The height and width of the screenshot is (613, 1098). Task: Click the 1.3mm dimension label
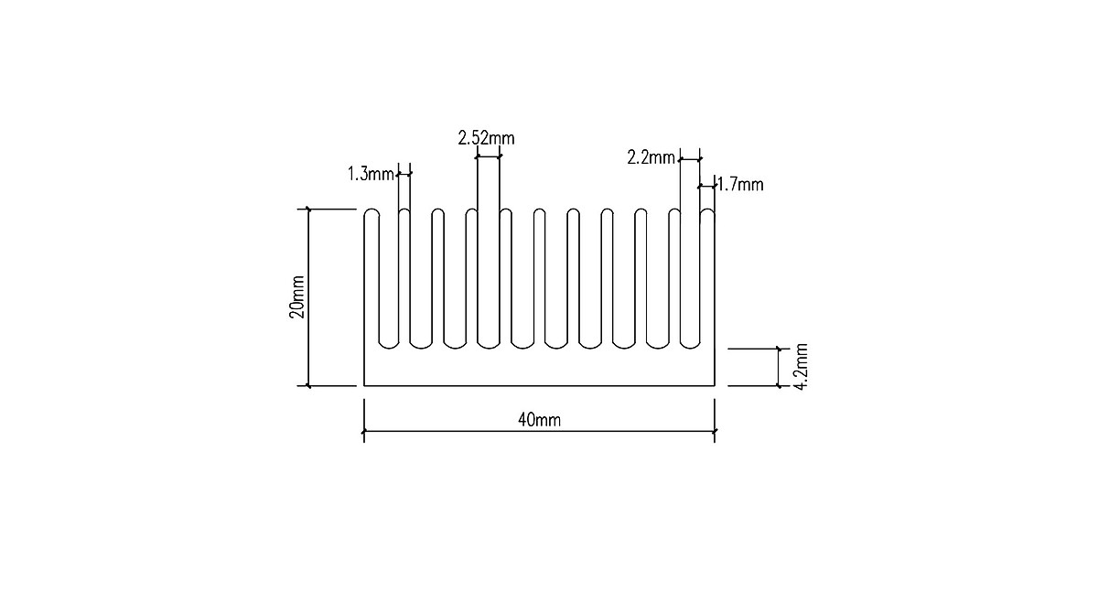pos(370,173)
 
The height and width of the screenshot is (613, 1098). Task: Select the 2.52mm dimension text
pos(486,138)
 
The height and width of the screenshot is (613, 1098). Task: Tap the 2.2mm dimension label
pos(651,157)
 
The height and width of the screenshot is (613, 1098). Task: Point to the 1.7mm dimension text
pos(740,185)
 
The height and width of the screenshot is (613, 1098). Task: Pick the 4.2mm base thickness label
pos(801,366)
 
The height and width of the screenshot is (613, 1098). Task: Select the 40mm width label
pos(539,420)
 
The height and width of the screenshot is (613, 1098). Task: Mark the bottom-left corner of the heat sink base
pos(365,386)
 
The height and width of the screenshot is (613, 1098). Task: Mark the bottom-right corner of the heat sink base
pos(714,386)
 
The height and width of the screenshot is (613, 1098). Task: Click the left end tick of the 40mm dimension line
pos(365,431)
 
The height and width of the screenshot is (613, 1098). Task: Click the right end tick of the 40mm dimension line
pos(714,431)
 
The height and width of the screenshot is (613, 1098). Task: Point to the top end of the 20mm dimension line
pos(308,210)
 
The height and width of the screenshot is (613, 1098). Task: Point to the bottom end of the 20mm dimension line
pos(308,386)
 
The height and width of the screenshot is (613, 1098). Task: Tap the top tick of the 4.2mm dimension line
pos(778,349)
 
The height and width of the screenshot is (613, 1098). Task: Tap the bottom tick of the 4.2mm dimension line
pos(778,386)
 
